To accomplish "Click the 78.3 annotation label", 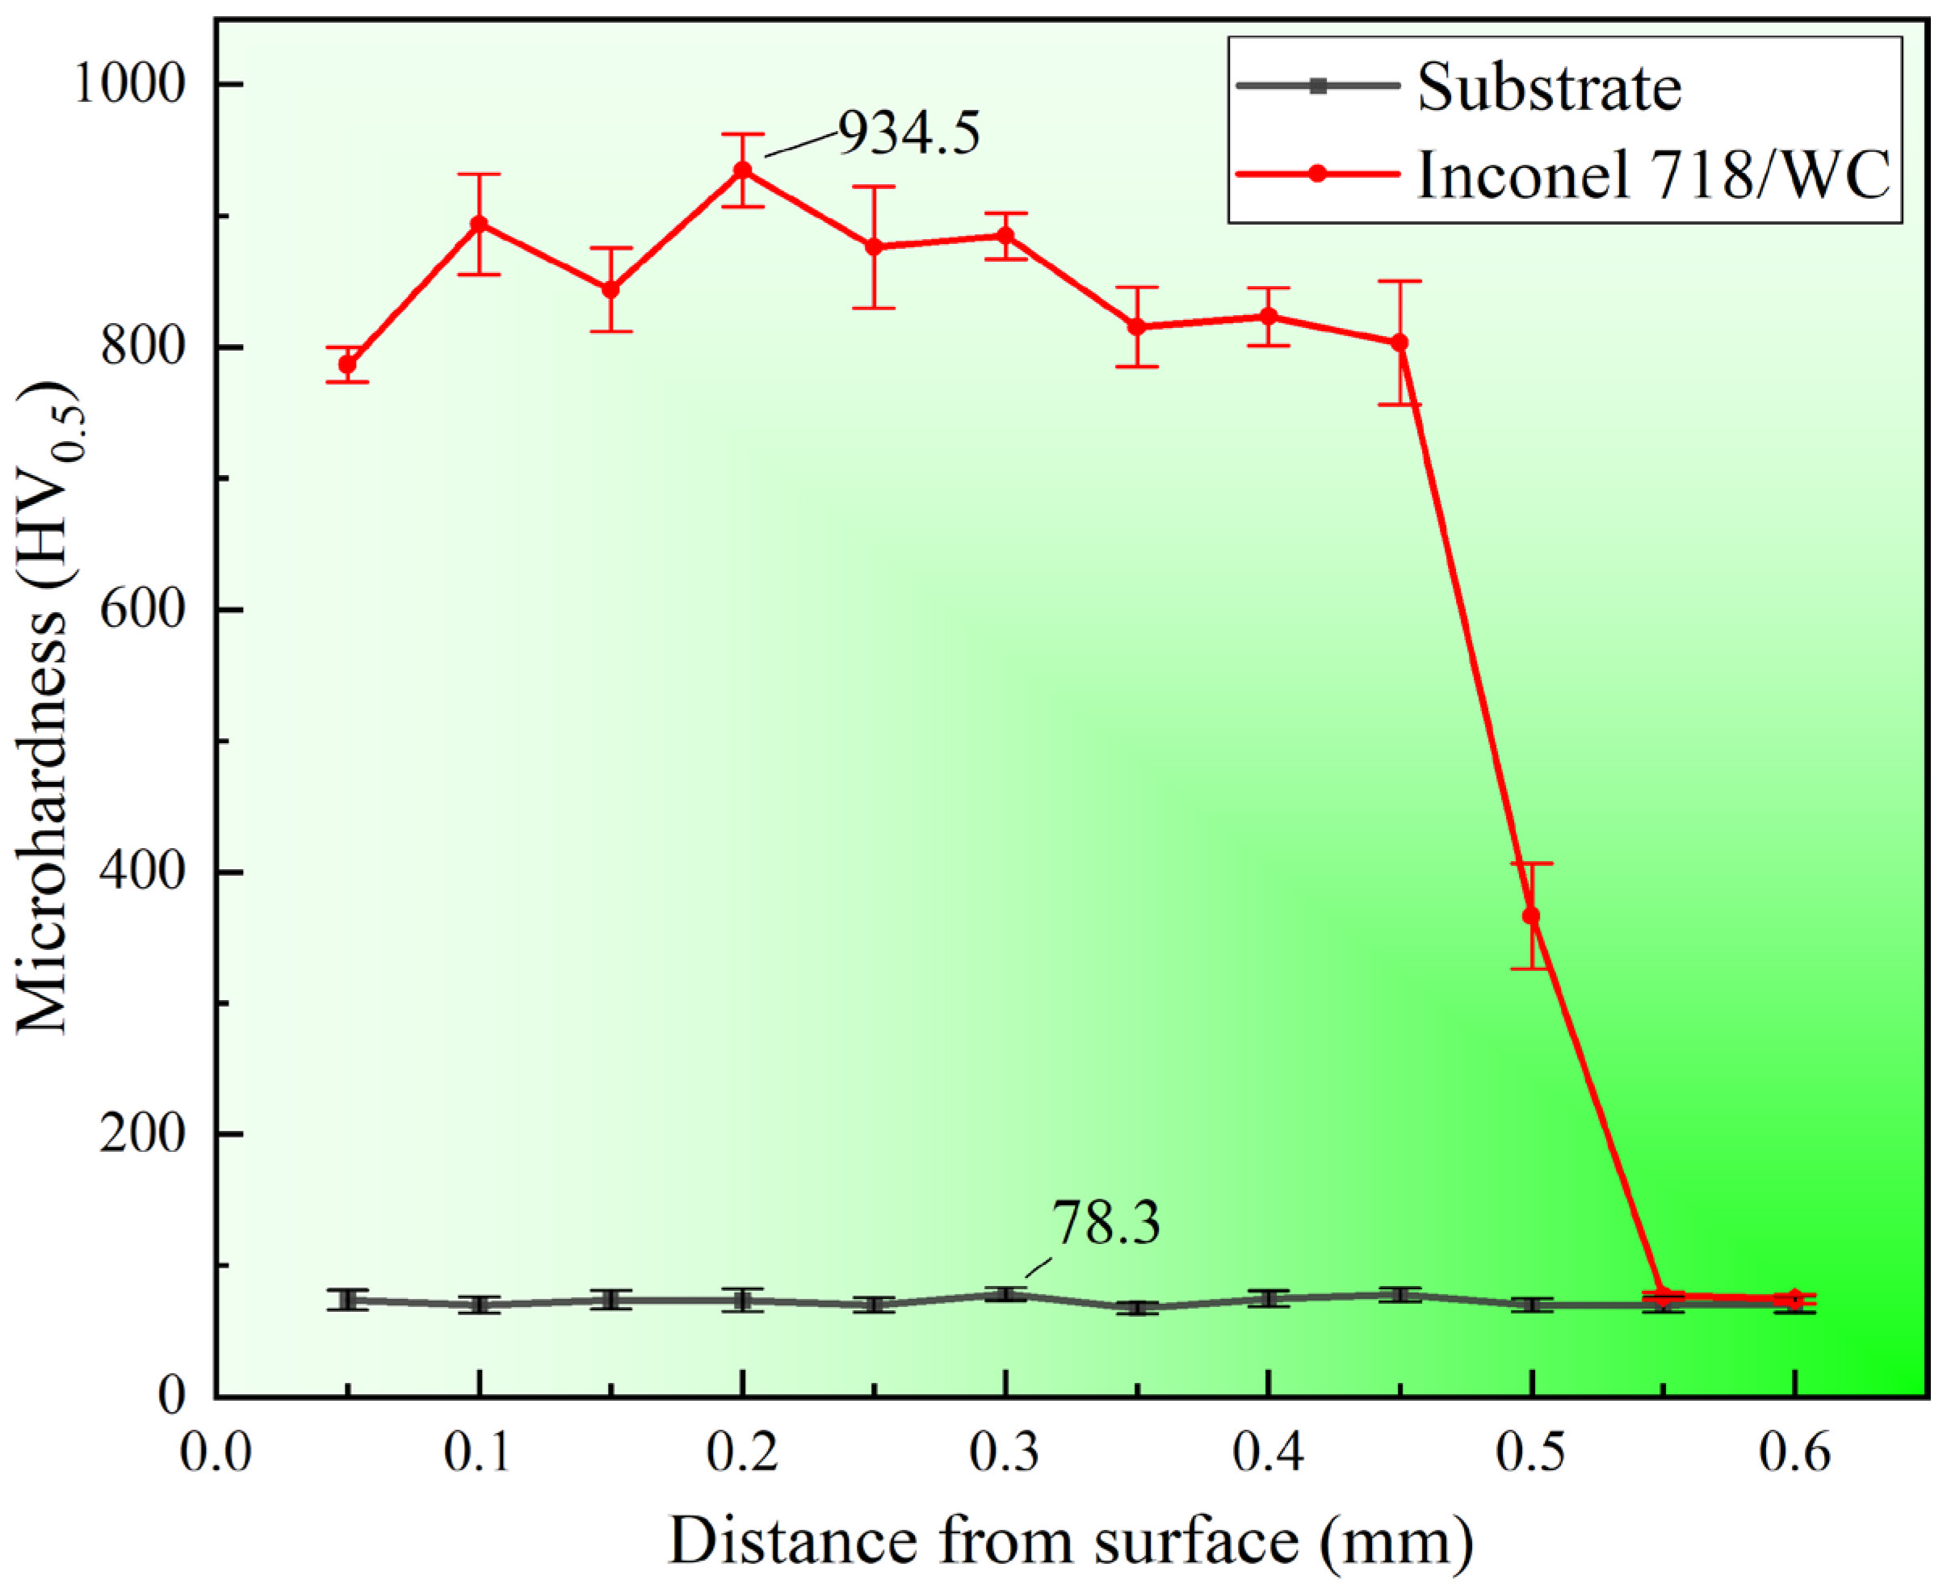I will [x=1106, y=1223].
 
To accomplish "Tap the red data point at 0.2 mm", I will [x=742, y=170].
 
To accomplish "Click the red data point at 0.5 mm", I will [x=1531, y=916].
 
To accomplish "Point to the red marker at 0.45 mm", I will [x=1399, y=343].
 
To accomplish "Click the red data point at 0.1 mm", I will [x=479, y=225].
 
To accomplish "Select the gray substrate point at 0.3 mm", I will [x=1005, y=1294].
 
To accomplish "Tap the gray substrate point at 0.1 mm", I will [x=479, y=1305].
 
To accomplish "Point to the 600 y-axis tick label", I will [x=143, y=610].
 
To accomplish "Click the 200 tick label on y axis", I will [x=143, y=1134].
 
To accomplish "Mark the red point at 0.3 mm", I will [x=1005, y=236].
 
